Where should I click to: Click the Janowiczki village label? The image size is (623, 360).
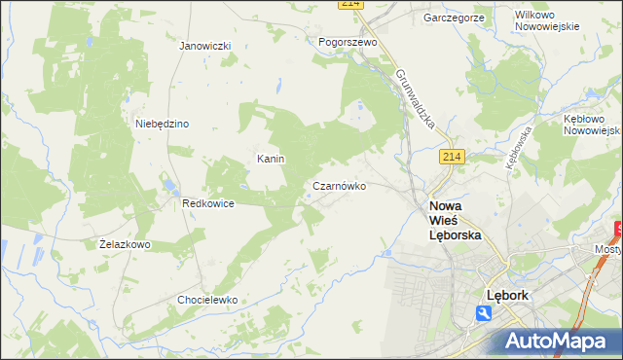click(204, 46)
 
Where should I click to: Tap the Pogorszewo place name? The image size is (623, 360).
click(348, 43)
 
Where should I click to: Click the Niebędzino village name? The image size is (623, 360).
click(162, 124)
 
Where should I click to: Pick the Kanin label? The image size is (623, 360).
click(269, 158)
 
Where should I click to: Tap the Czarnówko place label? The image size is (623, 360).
click(339, 185)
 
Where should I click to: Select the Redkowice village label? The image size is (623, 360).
click(206, 203)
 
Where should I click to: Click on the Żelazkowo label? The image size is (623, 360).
click(125, 244)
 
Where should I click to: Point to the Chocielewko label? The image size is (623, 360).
click(207, 300)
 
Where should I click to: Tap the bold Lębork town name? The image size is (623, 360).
click(506, 294)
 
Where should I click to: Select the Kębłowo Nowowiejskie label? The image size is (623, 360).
click(592, 124)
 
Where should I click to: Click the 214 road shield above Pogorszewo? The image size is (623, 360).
click(351, 5)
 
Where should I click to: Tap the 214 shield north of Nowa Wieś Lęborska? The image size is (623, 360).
click(450, 157)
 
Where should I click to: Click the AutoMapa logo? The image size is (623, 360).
click(557, 341)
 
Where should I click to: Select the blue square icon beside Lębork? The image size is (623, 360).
click(484, 312)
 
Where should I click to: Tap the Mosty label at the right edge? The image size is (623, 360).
click(608, 249)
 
